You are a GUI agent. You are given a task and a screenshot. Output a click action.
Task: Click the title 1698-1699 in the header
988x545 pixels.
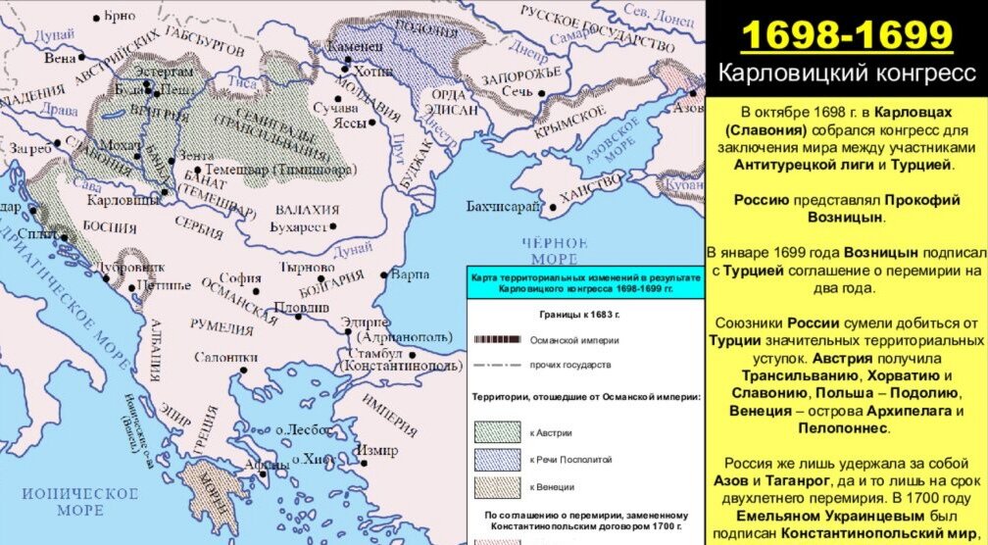(847, 36)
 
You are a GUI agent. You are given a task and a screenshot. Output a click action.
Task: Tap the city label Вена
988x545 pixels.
(60, 58)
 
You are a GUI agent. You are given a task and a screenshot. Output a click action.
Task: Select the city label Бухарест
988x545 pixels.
(297, 226)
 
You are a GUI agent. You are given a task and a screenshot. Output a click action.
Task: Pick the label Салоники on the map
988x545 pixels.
(225, 358)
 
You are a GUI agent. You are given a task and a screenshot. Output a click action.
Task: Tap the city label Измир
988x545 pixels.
(377, 450)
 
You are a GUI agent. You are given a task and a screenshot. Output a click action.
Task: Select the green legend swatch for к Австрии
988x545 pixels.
(497, 431)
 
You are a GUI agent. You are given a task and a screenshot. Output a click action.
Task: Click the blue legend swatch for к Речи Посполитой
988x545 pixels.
(497, 459)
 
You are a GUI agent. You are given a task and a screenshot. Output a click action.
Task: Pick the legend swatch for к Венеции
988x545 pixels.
(497, 486)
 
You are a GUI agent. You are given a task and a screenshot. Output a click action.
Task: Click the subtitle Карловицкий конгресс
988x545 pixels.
(847, 74)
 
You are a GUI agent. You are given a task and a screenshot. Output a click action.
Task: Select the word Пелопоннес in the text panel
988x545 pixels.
(847, 428)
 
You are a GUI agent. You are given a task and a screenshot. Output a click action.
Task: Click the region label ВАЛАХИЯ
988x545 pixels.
(307, 209)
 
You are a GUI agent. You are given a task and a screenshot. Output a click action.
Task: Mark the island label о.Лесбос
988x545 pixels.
(299, 429)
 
